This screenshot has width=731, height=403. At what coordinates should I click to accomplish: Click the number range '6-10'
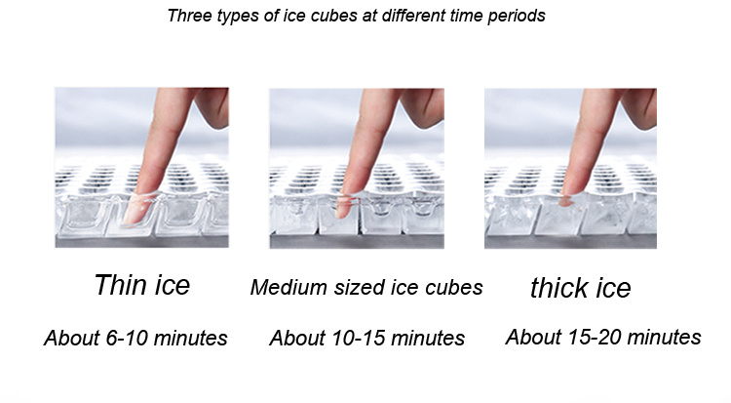pos(127,338)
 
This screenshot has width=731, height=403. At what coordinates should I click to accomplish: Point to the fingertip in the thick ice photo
pos(566,201)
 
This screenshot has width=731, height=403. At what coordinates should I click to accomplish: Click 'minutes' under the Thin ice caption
pos(191,338)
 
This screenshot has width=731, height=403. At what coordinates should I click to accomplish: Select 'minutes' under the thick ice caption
pos(665,337)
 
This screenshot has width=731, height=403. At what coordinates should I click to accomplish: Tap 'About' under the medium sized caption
pos(298,338)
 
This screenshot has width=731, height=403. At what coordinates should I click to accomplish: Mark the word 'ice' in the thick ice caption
pos(613,287)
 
